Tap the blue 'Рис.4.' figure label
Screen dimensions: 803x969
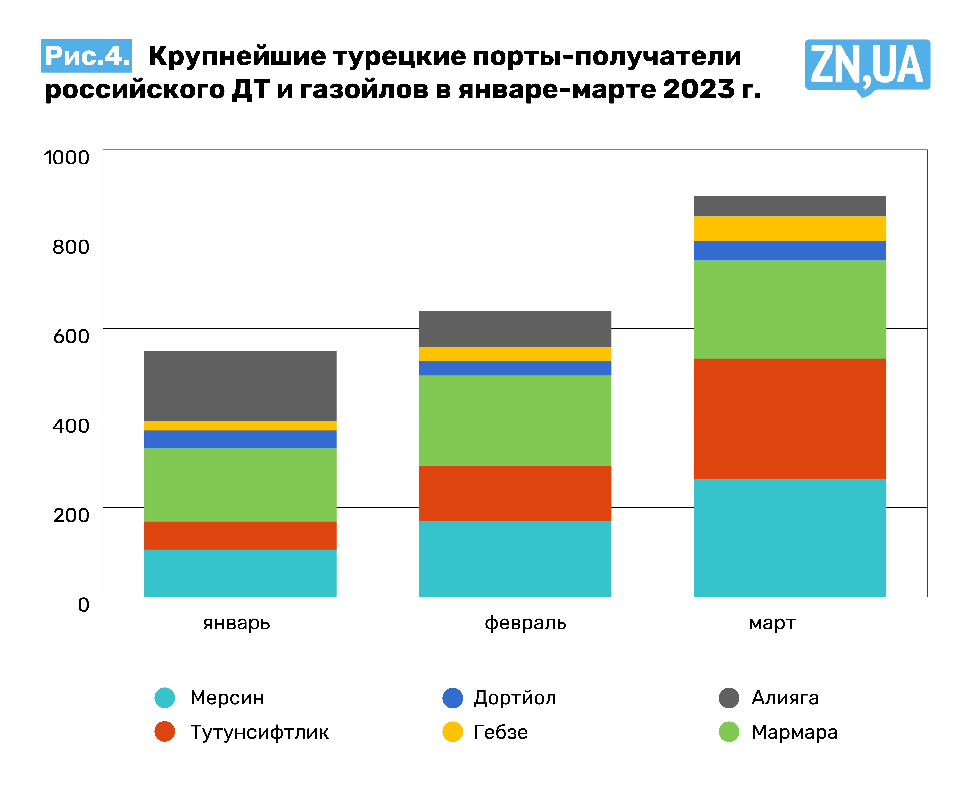tap(86, 56)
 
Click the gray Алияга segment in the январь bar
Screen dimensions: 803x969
tap(240, 386)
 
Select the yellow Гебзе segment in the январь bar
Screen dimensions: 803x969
tap(240, 425)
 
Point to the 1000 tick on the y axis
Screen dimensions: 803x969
tap(66, 158)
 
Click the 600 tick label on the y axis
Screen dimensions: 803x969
tap(71, 336)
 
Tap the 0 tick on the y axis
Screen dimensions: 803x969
tap(84, 605)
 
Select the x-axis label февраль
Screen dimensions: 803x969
tap(525, 623)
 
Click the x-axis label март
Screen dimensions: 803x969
tap(772, 623)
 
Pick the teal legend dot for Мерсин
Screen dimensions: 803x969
tap(165, 698)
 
